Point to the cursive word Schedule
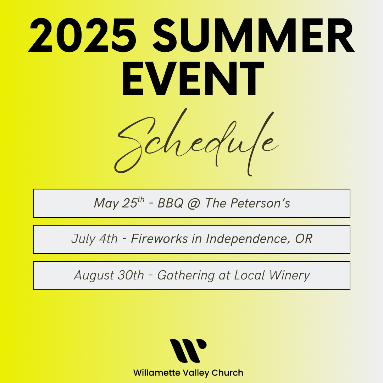pyautogui.click(x=196, y=142)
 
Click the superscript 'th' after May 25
pyautogui.click(x=141, y=199)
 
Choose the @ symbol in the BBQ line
pyautogui.click(x=194, y=204)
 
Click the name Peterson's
pyautogui.click(x=260, y=203)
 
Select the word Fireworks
pyautogui.click(x=159, y=239)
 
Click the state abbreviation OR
pyautogui.click(x=304, y=239)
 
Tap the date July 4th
pyautogui.click(x=95, y=239)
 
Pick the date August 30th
pyautogui.click(x=109, y=275)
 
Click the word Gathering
pyautogui.click(x=186, y=276)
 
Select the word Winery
pyautogui.click(x=289, y=276)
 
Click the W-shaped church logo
pyautogui.click(x=188, y=350)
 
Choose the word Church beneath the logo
pyautogui.click(x=227, y=373)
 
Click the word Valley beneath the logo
pyautogui.click(x=196, y=373)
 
